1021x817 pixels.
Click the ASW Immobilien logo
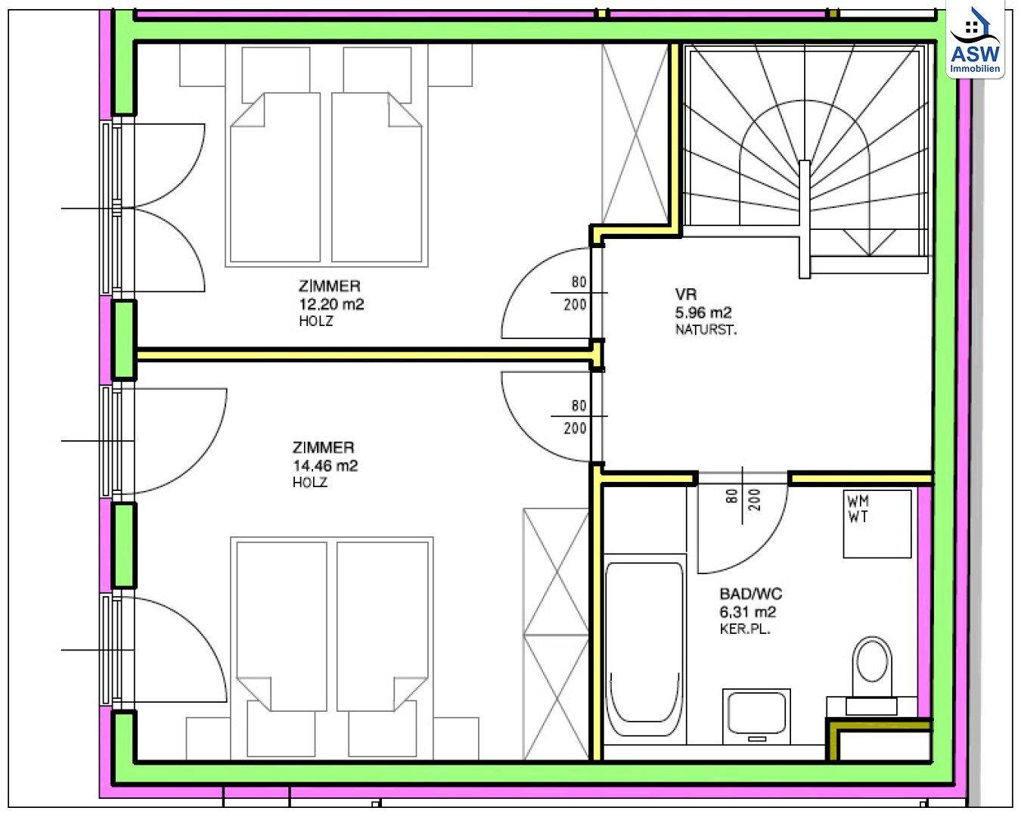(x=975, y=40)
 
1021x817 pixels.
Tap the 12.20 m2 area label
(x=331, y=304)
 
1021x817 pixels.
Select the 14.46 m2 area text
(x=325, y=465)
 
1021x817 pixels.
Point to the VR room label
(x=685, y=294)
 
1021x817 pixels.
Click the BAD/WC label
(x=751, y=594)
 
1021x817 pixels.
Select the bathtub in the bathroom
(x=645, y=653)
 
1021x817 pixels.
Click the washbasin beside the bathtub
(x=756, y=718)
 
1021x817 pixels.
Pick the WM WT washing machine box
(x=877, y=523)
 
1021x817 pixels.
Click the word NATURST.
(x=706, y=330)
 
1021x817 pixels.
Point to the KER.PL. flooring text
(x=745, y=629)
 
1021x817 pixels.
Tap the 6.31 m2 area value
(x=748, y=612)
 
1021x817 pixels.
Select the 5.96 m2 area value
(x=703, y=312)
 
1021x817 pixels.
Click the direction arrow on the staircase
(x=869, y=243)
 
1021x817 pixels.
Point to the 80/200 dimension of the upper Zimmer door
(x=576, y=293)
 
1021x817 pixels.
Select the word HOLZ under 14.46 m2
(x=310, y=483)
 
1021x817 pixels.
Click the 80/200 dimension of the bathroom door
(x=743, y=500)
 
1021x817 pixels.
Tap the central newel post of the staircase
(x=804, y=219)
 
